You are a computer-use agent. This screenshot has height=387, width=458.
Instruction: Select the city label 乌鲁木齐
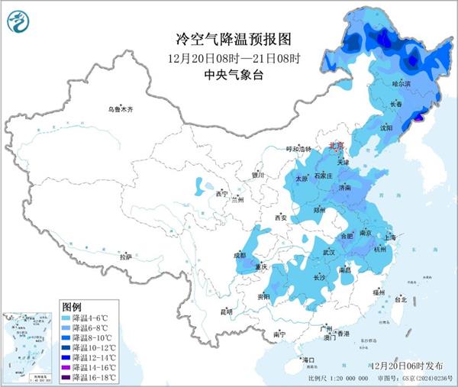(x=120, y=110)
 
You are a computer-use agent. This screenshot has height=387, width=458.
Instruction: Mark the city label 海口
(x=308, y=359)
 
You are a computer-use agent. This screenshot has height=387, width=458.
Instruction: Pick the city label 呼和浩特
(x=299, y=149)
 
